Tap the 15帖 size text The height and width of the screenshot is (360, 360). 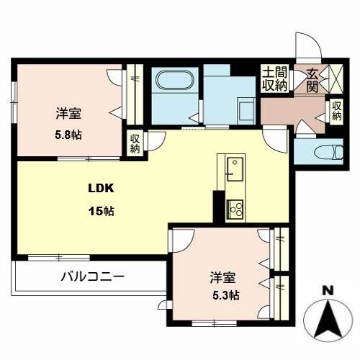pyautogui.click(x=101, y=212)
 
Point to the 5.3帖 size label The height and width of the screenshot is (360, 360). pyautogui.click(x=225, y=295)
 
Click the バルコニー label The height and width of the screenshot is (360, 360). pyautogui.click(x=92, y=276)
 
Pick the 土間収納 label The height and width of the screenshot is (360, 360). pyautogui.click(x=274, y=79)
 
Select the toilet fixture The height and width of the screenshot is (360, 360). pyautogui.click(x=319, y=151)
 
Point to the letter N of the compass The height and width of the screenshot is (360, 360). pyautogui.click(x=328, y=292)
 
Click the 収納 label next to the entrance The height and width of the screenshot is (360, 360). pyautogui.click(x=337, y=111)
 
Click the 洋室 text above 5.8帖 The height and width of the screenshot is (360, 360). pyautogui.click(x=68, y=114)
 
